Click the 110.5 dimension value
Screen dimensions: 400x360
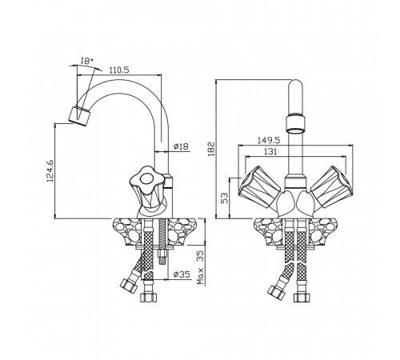(119, 70)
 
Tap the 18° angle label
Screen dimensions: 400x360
(86, 61)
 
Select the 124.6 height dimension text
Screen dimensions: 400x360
(50, 171)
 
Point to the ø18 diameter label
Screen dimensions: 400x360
(181, 146)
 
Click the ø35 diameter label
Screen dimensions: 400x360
(182, 274)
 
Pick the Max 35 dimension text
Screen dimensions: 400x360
(200, 267)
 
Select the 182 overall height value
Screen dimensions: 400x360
(211, 149)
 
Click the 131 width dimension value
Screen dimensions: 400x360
(270, 152)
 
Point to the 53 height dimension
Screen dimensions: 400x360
(226, 198)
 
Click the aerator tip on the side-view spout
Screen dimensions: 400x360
(79, 116)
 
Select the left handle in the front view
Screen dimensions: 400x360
(260, 186)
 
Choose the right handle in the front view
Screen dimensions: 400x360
(331, 186)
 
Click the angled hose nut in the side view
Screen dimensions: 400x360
(129, 286)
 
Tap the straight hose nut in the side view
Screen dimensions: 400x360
(149, 297)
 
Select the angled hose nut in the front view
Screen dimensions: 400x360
(276, 293)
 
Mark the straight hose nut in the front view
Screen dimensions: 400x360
(302, 298)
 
